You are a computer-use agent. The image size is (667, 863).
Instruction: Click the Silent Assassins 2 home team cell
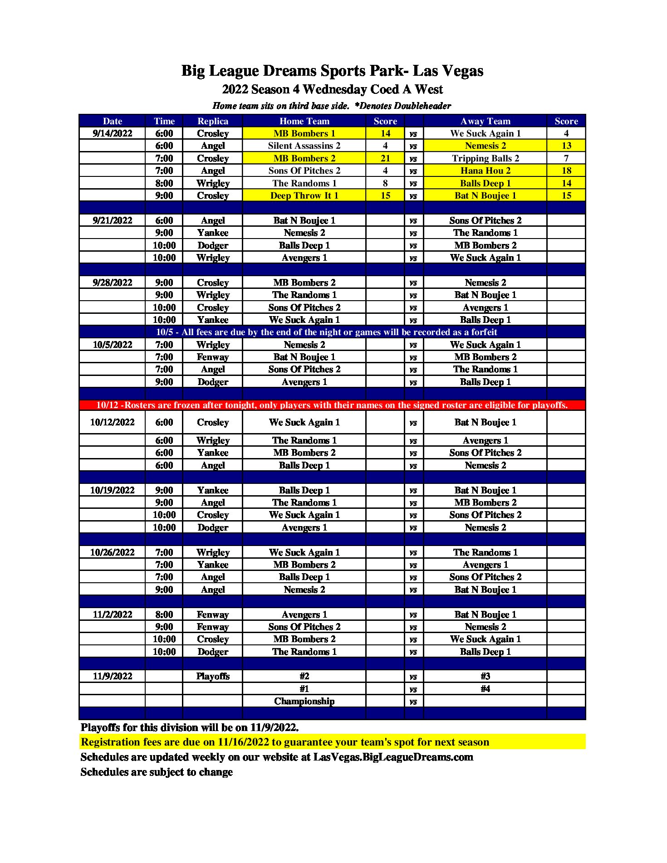304,146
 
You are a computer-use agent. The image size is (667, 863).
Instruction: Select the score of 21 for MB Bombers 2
385,158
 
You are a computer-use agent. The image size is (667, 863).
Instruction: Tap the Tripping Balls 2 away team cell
485,158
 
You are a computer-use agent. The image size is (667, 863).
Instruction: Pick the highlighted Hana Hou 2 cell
485,171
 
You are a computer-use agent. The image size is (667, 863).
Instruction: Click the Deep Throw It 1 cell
304,195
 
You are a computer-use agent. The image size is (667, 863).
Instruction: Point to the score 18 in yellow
566,171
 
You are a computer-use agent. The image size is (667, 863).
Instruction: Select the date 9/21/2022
113,220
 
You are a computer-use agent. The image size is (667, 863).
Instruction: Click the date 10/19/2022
113,490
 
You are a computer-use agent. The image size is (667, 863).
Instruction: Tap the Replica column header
213,121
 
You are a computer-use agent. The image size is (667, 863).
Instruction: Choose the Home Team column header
304,121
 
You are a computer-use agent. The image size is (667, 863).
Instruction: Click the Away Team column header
485,121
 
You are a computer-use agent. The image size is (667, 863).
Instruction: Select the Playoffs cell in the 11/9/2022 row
213,676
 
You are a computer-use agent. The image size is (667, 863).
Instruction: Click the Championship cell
304,701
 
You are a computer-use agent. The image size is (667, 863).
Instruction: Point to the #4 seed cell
485,689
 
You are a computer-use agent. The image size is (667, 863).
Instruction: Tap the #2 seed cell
304,676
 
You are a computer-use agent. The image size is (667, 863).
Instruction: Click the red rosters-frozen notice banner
332,405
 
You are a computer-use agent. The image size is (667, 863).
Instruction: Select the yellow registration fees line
285,742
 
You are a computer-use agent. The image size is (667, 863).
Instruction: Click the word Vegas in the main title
462,71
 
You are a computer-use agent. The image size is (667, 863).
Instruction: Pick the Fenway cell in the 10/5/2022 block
213,357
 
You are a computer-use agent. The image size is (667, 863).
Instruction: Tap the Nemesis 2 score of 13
566,146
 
